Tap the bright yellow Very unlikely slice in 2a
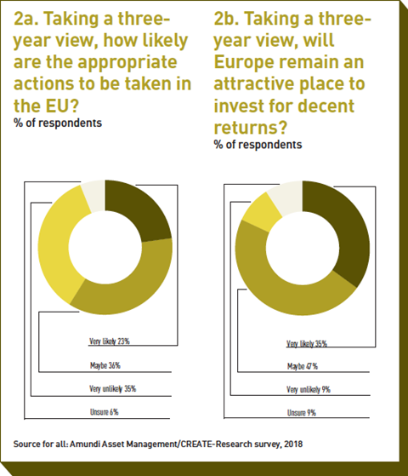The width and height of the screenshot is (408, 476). coord(58,243)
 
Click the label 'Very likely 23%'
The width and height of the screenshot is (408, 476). coord(110,341)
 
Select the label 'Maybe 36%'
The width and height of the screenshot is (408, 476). coord(105,365)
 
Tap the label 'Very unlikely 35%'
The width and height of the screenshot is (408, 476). coord(112,388)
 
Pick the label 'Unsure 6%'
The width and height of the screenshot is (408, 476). coord(104,412)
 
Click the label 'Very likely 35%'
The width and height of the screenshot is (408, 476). coord(307,344)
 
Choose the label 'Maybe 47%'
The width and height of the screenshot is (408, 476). coord(303,366)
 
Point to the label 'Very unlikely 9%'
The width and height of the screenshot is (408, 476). coord(309,389)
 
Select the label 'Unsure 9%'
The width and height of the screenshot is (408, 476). coord(302,412)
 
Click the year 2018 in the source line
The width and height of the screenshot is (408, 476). coord(293,444)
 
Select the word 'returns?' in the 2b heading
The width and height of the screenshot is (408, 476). coord(251,128)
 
